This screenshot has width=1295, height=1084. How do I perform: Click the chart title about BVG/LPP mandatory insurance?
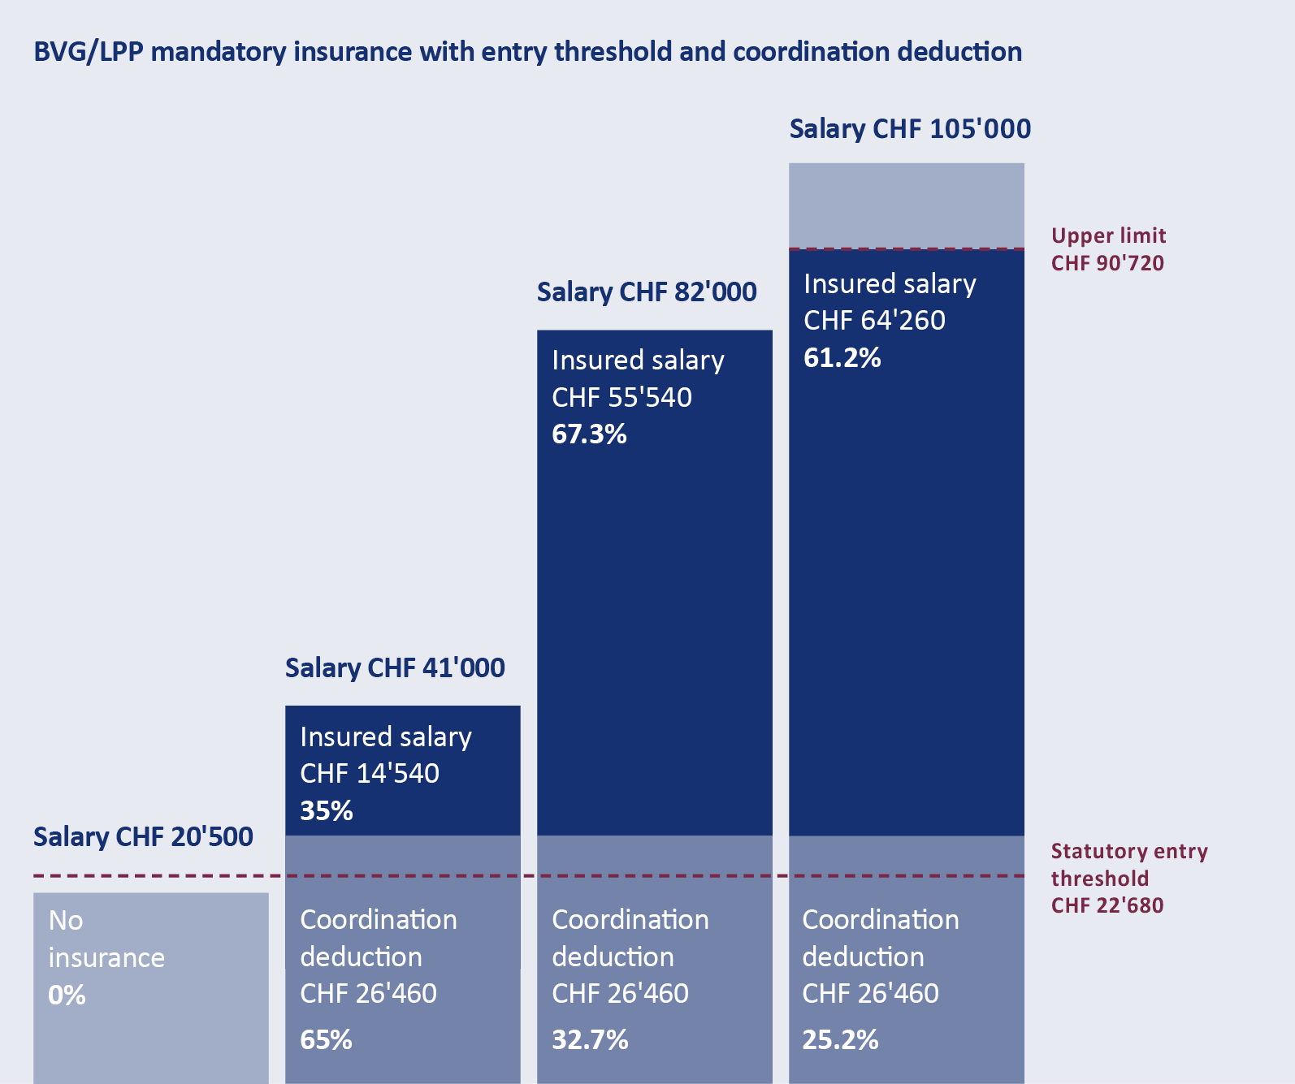pyautogui.click(x=527, y=52)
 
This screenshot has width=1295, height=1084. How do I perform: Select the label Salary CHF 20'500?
pyautogui.click(x=143, y=837)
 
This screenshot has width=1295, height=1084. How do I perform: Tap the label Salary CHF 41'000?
pyautogui.click(x=395, y=668)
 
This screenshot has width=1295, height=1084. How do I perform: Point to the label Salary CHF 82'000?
pyautogui.click(x=647, y=292)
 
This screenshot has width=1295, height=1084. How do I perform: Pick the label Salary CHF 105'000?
pyautogui.click(x=910, y=129)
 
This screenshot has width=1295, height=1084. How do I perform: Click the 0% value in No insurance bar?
pyautogui.click(x=67, y=995)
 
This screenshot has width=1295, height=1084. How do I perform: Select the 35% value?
pyautogui.click(x=327, y=811)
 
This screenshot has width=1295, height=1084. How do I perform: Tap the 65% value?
pyautogui.click(x=327, y=1040)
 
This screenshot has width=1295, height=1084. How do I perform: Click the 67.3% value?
pyautogui.click(x=589, y=434)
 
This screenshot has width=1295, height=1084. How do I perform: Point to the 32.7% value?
pyautogui.click(x=590, y=1040)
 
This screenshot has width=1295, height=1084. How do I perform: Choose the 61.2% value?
pyautogui.click(x=842, y=358)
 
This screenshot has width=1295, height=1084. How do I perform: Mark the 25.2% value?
pyautogui.click(x=840, y=1040)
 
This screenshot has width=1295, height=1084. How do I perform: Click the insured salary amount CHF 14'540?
pyautogui.click(x=370, y=774)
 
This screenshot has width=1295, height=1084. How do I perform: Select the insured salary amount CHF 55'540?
pyautogui.click(x=622, y=398)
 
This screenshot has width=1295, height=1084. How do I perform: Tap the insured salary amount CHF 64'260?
pyautogui.click(x=874, y=321)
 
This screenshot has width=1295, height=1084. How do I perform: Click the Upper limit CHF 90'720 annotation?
pyautogui.click(x=1108, y=249)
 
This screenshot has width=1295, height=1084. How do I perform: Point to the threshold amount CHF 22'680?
pyautogui.click(x=1107, y=905)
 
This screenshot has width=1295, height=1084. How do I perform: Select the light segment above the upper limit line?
pyautogui.click(x=906, y=205)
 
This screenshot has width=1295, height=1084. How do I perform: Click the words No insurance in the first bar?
pyautogui.click(x=106, y=939)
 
